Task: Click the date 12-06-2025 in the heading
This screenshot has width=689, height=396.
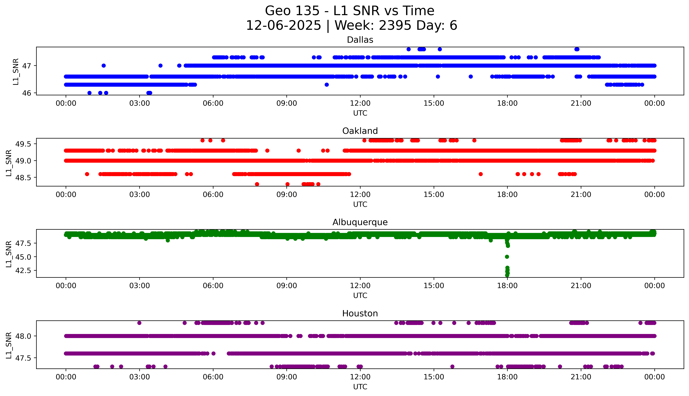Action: (283, 26)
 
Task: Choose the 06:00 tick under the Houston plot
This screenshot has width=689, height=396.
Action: (213, 377)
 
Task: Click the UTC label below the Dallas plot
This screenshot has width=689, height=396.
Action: (360, 113)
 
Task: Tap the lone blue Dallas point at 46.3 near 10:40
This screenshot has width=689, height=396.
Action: (327, 85)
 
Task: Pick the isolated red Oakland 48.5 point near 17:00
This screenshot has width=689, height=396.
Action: (480, 174)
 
